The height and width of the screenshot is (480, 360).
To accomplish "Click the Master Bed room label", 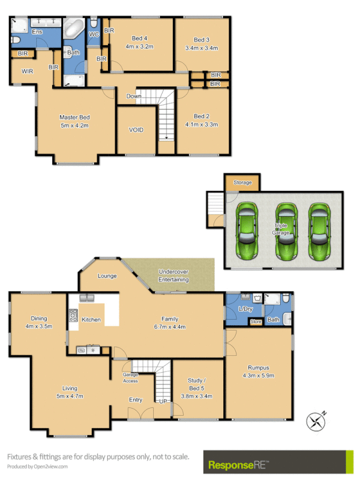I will tap(74, 117).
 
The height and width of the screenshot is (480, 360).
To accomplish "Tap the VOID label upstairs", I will tap(136, 130).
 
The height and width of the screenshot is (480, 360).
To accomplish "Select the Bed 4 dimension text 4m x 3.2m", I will tap(139, 46).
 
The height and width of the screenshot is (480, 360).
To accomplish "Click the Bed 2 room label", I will tap(201, 116).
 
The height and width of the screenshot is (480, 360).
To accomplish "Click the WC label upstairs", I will tap(94, 35).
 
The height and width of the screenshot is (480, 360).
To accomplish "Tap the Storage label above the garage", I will tap(242, 182).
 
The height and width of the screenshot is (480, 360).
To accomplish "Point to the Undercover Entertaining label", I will tap(173, 275).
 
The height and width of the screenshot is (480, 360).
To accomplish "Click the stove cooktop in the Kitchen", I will tap(73, 315).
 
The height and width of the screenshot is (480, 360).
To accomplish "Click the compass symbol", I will tap(316, 421).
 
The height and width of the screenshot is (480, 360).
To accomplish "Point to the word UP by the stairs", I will tap(162, 401).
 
